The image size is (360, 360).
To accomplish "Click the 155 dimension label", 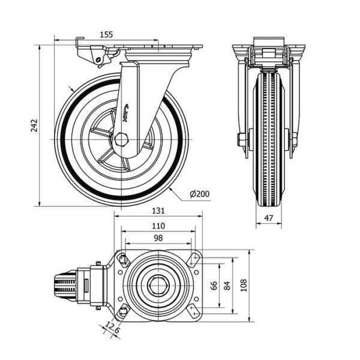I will pos(106,35).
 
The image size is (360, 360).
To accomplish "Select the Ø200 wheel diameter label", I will pos(199,194).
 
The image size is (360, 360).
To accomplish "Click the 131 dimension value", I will pos(158,211).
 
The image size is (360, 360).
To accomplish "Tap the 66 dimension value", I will pos(214,286).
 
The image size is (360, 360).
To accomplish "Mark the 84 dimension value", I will pos(228,286).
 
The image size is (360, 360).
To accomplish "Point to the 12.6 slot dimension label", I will pos(110,328).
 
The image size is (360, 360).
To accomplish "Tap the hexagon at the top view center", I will pos(158,285).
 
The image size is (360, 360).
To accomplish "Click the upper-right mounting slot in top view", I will pos(193,259).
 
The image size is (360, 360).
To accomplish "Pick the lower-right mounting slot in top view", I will pos(193,311).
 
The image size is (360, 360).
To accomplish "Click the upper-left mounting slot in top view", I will pos(123,259).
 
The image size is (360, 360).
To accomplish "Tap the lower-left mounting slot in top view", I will pos(123,311).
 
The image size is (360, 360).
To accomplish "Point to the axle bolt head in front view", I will pos(241,141).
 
